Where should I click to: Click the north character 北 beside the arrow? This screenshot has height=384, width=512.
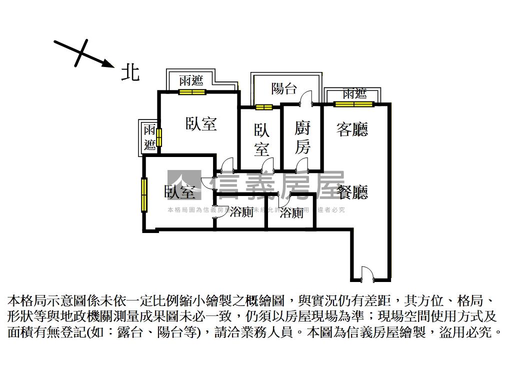tap(130, 73)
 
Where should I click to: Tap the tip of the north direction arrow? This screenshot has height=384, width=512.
tap(112, 65)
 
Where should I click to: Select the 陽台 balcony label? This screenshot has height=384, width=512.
tap(284, 88)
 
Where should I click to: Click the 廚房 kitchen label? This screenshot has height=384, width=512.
tap(302, 137)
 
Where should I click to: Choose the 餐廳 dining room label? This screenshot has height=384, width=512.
tap(352, 192)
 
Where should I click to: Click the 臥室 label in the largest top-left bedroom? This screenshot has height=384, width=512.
tap(201, 123)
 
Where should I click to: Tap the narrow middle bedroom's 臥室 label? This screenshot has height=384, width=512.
tap(261, 139)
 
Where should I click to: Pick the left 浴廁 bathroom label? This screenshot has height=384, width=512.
tap(241, 212)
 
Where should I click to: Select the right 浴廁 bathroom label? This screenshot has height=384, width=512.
tap(291, 212)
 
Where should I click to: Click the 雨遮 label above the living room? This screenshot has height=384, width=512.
tap(354, 93)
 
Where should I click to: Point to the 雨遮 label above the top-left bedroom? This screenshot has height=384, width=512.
tap(191, 80)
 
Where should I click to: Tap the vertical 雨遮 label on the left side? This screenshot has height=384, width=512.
tap(149, 137)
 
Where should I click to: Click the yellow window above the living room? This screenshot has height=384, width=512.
tap(353, 104)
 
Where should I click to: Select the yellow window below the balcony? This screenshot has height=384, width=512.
tap(263, 106)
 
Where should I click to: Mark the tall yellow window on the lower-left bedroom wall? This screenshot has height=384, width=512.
tap(144, 194)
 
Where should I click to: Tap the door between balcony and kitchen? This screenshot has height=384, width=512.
tap(306, 98)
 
